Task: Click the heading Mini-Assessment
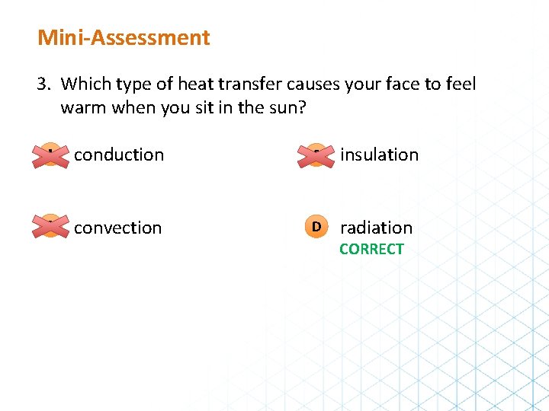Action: coord(124,37)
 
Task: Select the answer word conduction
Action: coord(119,155)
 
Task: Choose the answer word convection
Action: coord(118,228)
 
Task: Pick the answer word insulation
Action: coord(379,155)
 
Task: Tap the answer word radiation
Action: coord(376,228)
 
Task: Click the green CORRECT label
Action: coord(371,249)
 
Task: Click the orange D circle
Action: coord(316,227)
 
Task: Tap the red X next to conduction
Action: coord(50,155)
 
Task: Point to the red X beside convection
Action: coord(50,227)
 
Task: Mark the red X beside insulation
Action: coord(316,155)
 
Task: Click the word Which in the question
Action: coord(85,84)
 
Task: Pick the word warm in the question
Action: coord(83,107)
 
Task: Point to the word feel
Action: coord(460,84)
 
